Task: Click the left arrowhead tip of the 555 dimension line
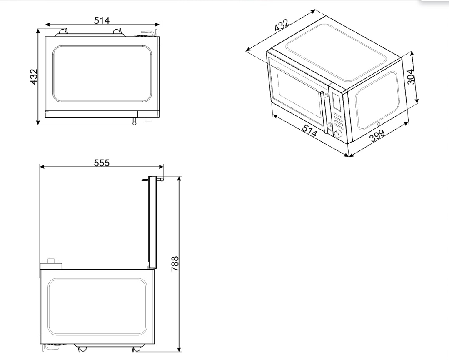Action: point(40,167)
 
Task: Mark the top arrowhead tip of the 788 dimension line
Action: point(180,176)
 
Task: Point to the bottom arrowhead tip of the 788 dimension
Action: point(180,352)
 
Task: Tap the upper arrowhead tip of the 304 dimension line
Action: point(412,52)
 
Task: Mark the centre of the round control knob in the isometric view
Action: point(338,133)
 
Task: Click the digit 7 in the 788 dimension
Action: point(175,269)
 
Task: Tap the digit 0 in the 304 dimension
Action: point(411,77)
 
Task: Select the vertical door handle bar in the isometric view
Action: point(324,112)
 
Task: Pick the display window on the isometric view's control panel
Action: point(337,101)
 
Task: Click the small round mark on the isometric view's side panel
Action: point(379,124)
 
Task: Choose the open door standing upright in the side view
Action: point(152,223)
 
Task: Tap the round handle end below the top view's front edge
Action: point(134,123)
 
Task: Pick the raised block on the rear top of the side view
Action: point(51,264)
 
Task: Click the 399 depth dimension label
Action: point(377,135)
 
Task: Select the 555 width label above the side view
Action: point(102,162)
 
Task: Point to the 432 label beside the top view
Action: point(34,77)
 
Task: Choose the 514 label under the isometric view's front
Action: point(310,131)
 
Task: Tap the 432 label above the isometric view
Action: point(282,25)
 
